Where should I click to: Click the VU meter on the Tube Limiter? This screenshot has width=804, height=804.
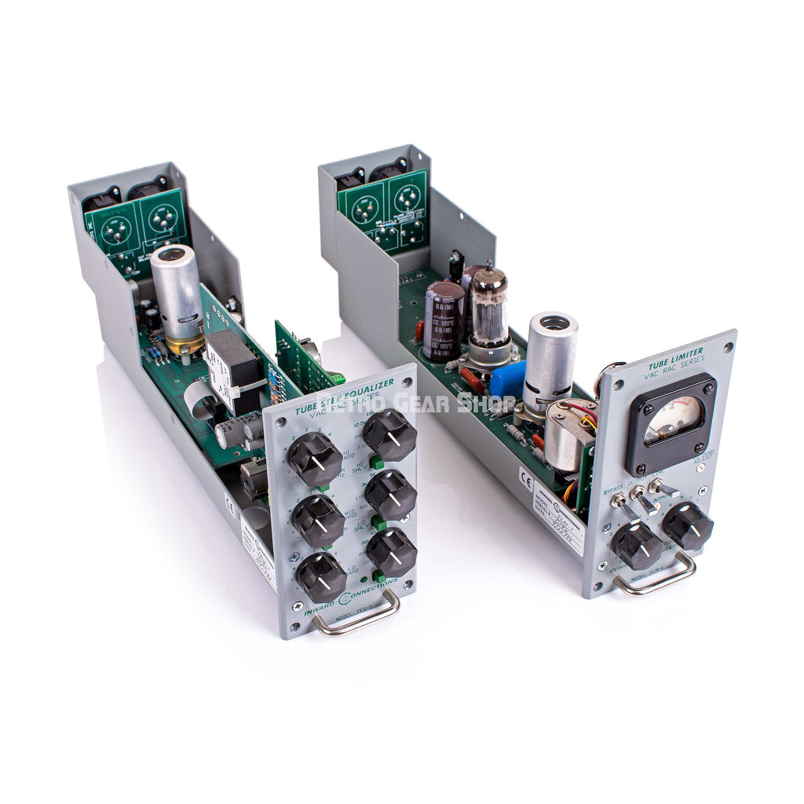673,422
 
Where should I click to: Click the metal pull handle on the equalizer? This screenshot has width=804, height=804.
356,616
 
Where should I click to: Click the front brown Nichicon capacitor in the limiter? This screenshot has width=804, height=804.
443,320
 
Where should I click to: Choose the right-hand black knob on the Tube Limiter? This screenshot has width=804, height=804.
687,525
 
